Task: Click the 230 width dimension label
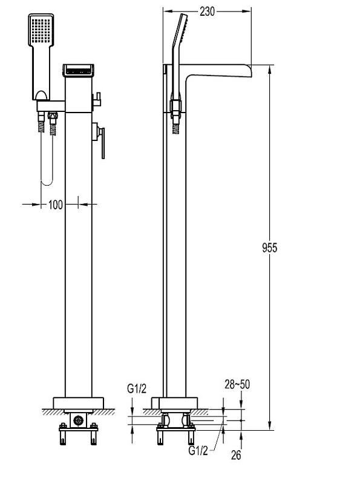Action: (207, 11)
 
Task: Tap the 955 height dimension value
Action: (269, 247)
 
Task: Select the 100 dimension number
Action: (56, 204)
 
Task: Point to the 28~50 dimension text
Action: (237, 384)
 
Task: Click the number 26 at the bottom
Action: (236, 455)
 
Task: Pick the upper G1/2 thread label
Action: (137, 389)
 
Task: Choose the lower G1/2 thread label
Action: (198, 450)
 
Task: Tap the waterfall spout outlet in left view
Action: (79, 70)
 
